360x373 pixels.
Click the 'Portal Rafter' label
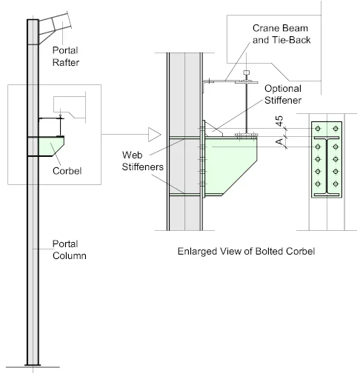click(x=66, y=56)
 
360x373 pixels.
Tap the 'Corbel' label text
click(x=67, y=171)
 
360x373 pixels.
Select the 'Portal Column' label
click(x=70, y=249)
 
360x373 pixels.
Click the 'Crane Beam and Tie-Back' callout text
click(x=281, y=34)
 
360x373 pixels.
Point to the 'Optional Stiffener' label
click(x=283, y=94)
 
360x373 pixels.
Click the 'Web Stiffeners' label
click(x=142, y=161)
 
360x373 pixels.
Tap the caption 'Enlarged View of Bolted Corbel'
click(x=246, y=251)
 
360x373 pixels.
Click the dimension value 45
click(x=279, y=121)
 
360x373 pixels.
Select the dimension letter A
click(x=279, y=142)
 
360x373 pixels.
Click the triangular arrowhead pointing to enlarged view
click(x=154, y=135)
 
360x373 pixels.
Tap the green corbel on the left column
click(x=51, y=147)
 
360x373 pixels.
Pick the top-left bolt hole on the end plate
click(x=318, y=129)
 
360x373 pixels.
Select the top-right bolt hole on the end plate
click(x=336, y=129)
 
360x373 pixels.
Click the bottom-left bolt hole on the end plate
click(x=318, y=184)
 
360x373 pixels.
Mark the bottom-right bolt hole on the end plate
click(x=336, y=184)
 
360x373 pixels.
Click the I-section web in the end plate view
click(x=327, y=166)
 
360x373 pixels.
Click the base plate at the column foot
click(x=33, y=365)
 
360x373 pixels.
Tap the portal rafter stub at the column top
click(x=55, y=27)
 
